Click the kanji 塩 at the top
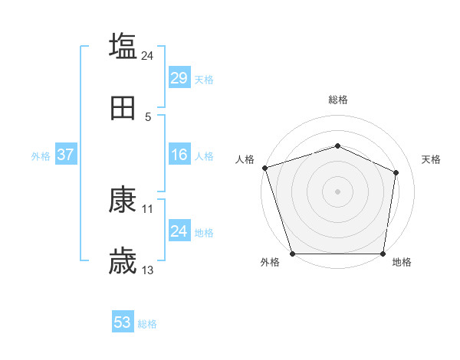tap(123, 46)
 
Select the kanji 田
tap(123, 108)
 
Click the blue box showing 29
tap(179, 77)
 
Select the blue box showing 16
tap(179, 155)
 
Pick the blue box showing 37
tap(65, 155)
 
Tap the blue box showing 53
tap(123, 322)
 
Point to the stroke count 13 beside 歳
tap(148, 270)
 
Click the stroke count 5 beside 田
tap(148, 116)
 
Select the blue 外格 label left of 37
tap(41, 155)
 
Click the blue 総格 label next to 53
tap(147, 324)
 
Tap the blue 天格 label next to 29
tap(204, 79)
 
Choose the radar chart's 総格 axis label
tap(337, 100)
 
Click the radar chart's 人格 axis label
tap(245, 159)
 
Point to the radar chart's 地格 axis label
tap(402, 262)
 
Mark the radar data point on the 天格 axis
tap(396, 172)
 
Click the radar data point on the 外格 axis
tap(292, 254)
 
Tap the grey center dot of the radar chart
tap(337, 191)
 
